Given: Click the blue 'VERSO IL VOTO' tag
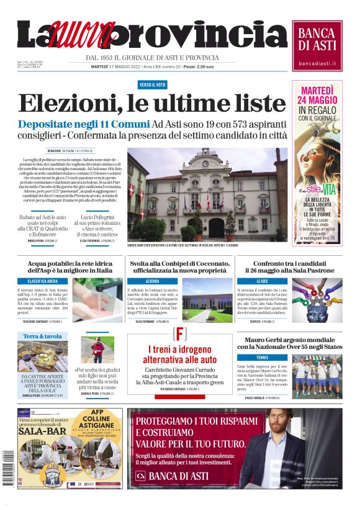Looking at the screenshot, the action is pos(152,84).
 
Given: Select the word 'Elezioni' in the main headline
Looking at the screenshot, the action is pos(68,103).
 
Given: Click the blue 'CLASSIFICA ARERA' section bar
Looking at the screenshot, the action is pos(42,281).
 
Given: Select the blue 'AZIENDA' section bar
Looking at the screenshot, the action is pos(153,281).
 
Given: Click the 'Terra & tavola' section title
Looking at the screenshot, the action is pos(42,336).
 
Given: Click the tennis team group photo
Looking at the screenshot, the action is pos(317,378).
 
